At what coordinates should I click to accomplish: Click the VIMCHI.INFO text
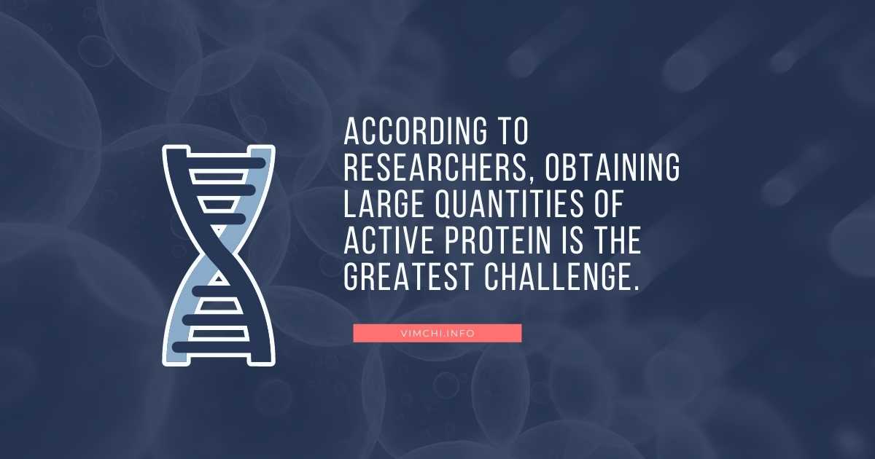click(437, 333)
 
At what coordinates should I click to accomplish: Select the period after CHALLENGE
click(635, 288)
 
